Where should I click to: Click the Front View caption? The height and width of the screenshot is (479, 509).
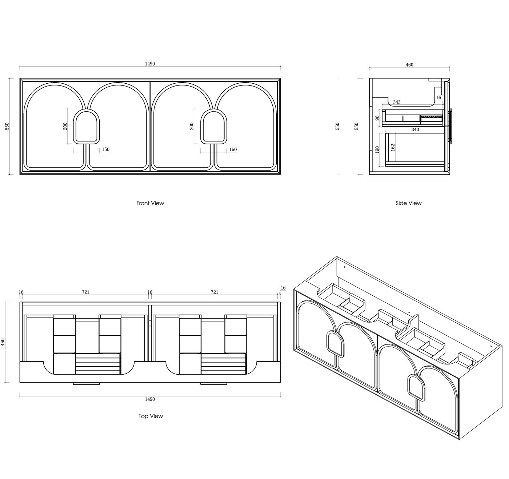tap(150, 203)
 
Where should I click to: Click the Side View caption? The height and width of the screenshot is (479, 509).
tap(409, 203)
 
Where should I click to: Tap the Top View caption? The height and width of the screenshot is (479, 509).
tap(151, 416)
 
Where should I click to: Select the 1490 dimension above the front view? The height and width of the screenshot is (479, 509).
tap(150, 64)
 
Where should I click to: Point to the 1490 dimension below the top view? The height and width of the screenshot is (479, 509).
tap(150, 399)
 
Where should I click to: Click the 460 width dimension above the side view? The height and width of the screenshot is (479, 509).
tap(409, 65)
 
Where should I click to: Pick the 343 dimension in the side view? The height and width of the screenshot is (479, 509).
tap(397, 102)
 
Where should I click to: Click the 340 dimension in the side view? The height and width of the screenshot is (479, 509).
tap(415, 129)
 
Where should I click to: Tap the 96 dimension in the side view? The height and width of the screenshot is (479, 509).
tap(377, 118)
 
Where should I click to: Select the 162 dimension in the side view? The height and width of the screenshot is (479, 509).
tap(393, 147)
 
